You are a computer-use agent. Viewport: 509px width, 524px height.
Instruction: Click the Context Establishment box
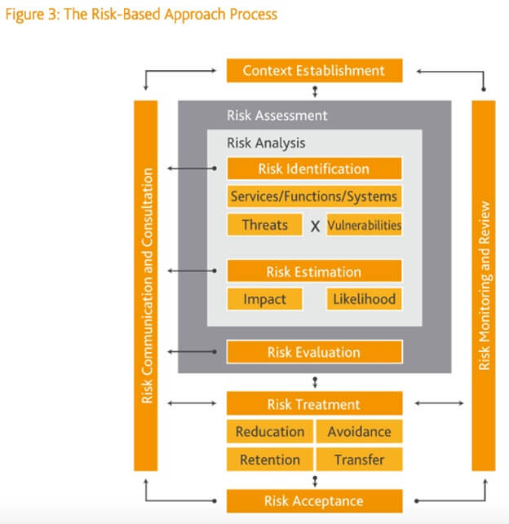(314, 71)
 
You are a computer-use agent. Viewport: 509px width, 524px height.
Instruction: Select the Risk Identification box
(314, 169)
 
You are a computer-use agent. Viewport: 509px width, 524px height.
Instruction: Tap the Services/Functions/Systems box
(314, 196)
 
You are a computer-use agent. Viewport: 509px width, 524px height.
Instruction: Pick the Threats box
(264, 224)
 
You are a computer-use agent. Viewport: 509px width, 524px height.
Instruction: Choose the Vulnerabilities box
(364, 224)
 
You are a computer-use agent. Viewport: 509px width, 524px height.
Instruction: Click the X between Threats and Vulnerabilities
(315, 226)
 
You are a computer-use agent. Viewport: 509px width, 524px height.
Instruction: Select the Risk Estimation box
(314, 271)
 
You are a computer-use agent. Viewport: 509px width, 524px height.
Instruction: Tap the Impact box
(264, 299)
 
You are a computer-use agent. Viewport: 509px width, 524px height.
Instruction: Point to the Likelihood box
(364, 299)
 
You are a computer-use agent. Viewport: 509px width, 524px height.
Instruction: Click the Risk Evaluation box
(314, 352)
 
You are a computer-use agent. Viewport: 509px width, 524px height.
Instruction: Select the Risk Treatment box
(314, 404)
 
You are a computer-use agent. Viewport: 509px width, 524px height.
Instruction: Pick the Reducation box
(269, 432)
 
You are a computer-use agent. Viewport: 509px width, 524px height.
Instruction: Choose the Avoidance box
(359, 432)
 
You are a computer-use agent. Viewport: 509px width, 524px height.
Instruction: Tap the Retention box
(269, 460)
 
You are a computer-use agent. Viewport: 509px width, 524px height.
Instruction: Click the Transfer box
(359, 460)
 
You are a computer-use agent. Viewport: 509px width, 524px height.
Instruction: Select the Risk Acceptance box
(314, 500)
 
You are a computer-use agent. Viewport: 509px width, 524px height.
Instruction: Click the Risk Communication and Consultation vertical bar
(146, 285)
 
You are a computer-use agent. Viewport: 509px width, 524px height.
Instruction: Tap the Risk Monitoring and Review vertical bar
(484, 285)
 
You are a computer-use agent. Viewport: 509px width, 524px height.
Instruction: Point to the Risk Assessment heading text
(277, 116)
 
